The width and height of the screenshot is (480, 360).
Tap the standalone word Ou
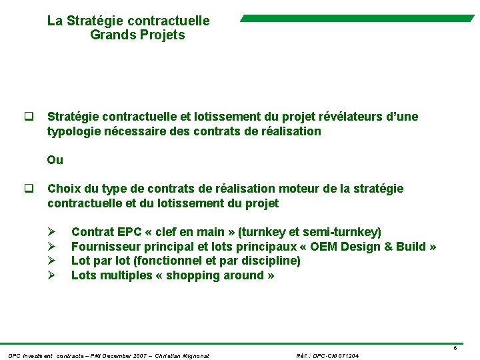tap(55, 160)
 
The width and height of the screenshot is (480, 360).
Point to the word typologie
tap(73, 132)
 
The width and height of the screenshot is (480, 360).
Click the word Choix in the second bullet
tap(64, 189)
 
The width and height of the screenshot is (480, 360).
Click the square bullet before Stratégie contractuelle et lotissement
tap(29, 117)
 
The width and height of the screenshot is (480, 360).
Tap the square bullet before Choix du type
tap(29, 189)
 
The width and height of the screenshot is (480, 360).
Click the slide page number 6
tap(455, 349)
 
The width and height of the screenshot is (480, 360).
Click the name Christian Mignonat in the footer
tap(182, 356)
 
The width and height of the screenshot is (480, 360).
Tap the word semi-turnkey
tap(342, 232)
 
